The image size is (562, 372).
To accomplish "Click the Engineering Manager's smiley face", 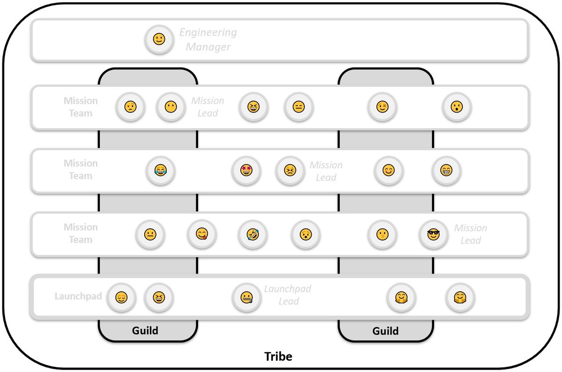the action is pos(159,39).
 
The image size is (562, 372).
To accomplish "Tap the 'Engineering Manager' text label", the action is pos(208,39).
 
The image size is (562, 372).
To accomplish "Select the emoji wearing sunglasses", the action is pos(433,234).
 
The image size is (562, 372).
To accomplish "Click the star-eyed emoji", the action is pos(246,170).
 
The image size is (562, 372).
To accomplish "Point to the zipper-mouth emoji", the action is pos(247,297).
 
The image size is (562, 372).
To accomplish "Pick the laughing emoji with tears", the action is pos(161,170).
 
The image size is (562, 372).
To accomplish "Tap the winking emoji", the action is pos(382,106).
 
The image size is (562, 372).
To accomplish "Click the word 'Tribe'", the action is pos(278,357).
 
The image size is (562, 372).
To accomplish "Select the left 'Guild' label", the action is pos(145,331).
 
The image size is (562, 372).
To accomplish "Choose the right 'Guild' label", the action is pos(385,331).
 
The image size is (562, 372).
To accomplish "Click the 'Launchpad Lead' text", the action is pos(288,295).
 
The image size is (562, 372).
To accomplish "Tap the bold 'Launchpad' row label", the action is pos(78,296).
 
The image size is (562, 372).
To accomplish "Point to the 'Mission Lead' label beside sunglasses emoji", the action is pos(471,234).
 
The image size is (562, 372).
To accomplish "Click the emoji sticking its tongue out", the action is pos(202,234).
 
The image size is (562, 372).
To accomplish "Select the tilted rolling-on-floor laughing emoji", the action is pos(253,234).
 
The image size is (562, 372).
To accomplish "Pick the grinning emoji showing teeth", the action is pos(446,170).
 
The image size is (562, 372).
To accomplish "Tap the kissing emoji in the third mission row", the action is pos(382,234).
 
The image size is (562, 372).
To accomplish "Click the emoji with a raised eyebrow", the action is pos(131,106).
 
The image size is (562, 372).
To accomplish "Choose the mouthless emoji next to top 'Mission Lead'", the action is pos(171,106).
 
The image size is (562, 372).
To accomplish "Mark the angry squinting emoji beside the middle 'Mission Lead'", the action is pos(290,170).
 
